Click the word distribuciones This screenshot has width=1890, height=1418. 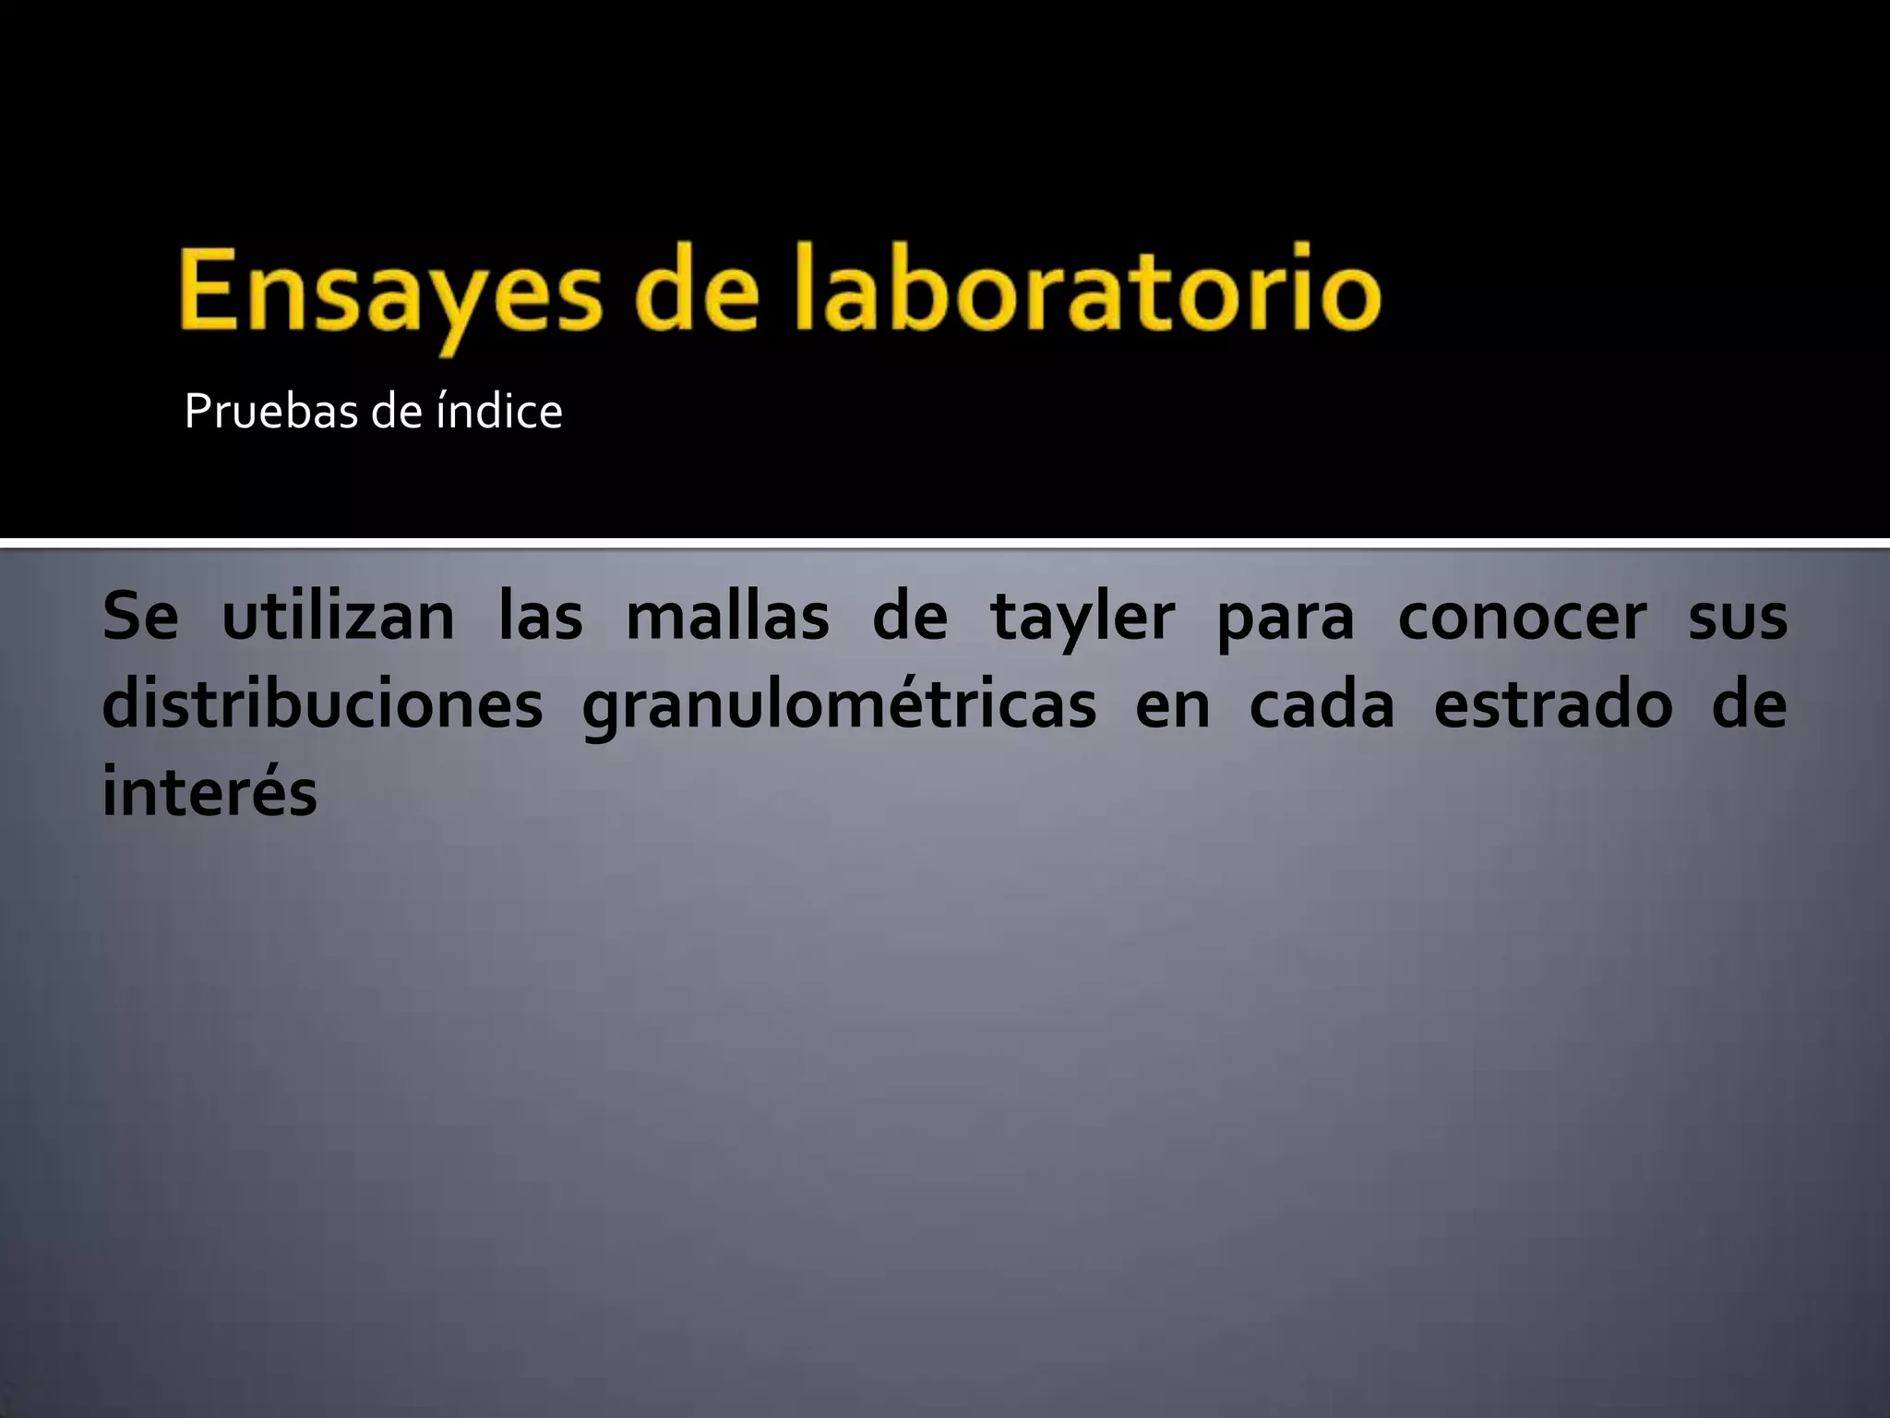click(x=322, y=705)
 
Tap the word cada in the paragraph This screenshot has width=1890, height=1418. click(x=1321, y=705)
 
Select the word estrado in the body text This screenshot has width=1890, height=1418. click(x=1553, y=705)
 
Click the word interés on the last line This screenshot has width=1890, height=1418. click(x=209, y=792)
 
